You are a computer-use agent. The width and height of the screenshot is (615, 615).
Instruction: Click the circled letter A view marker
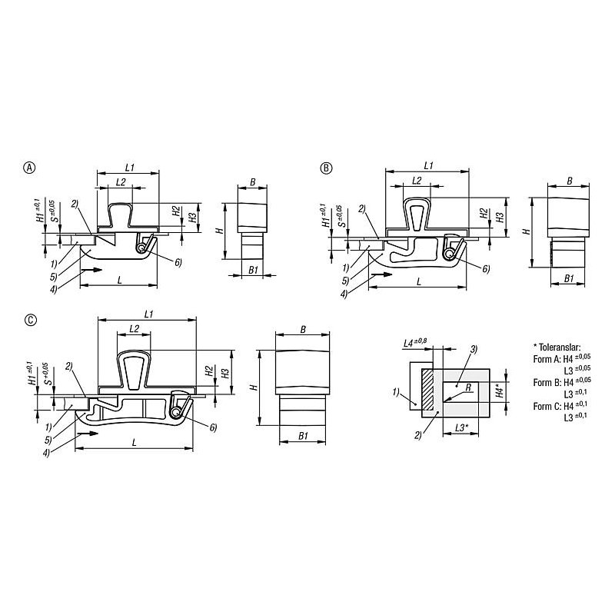tap(30, 168)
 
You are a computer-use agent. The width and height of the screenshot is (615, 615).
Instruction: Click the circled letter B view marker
tap(326, 168)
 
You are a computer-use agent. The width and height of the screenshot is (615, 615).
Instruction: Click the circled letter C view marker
tap(31, 320)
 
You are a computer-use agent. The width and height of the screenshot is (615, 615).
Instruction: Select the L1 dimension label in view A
tap(130, 168)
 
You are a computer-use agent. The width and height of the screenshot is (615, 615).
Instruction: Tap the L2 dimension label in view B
tap(417, 180)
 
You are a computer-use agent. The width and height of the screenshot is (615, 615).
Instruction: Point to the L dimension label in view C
tap(134, 443)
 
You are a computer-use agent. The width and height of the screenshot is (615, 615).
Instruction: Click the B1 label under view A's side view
tap(254, 270)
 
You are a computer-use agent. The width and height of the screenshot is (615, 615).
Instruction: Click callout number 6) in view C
tap(213, 427)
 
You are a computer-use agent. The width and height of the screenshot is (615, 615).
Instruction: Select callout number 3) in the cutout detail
tap(474, 349)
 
